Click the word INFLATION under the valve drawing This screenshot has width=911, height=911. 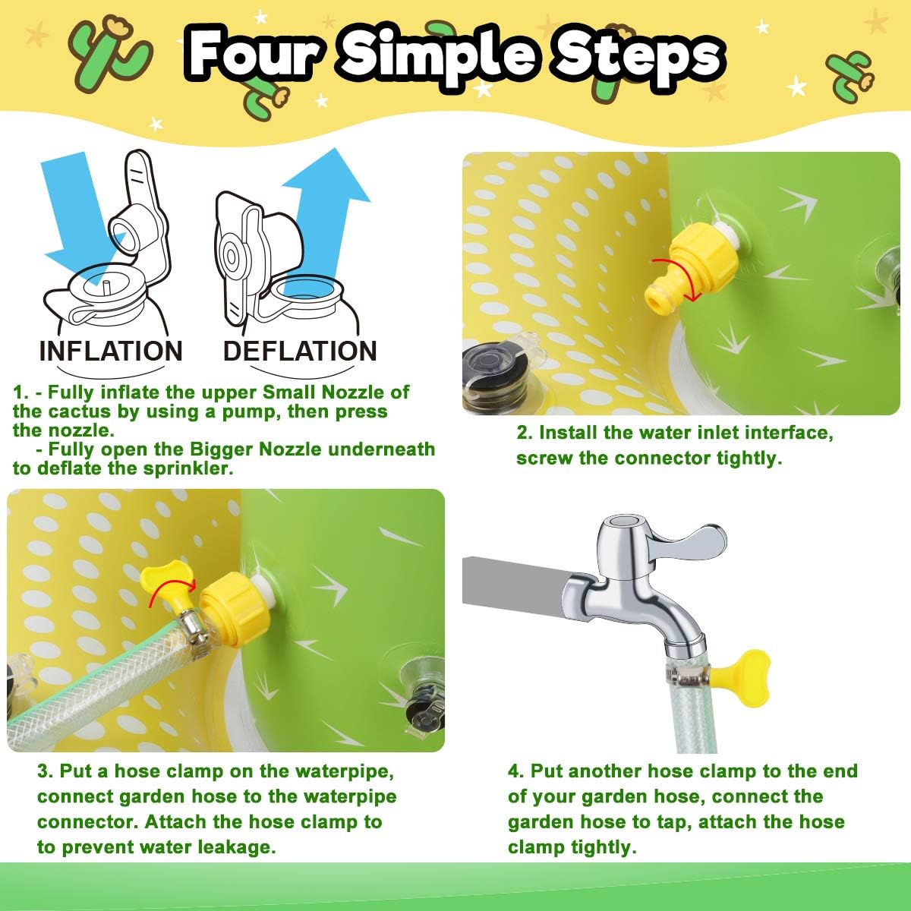tap(111, 351)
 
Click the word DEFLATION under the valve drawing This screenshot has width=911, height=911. tap(300, 351)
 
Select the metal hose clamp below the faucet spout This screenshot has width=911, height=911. tap(686, 674)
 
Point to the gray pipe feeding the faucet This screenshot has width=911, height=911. tap(515, 581)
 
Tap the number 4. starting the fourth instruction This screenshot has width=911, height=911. tap(515, 771)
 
